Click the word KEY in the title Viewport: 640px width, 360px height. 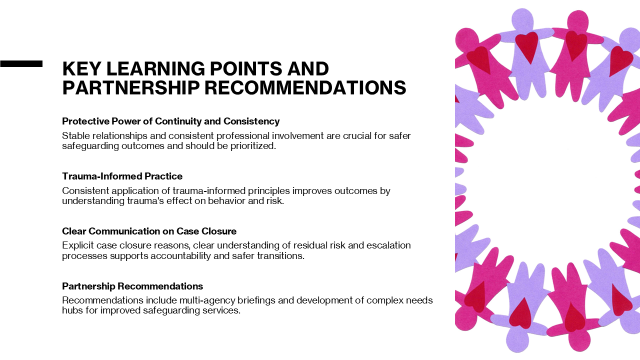click(81, 68)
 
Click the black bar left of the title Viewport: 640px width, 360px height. click(21, 63)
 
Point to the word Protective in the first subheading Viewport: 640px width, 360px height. click(85, 121)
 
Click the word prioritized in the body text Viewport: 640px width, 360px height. click(253, 146)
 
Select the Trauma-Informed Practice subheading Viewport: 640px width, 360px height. click(122, 176)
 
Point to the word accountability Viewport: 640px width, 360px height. click(180, 256)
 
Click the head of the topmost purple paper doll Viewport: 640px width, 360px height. click(522, 18)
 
